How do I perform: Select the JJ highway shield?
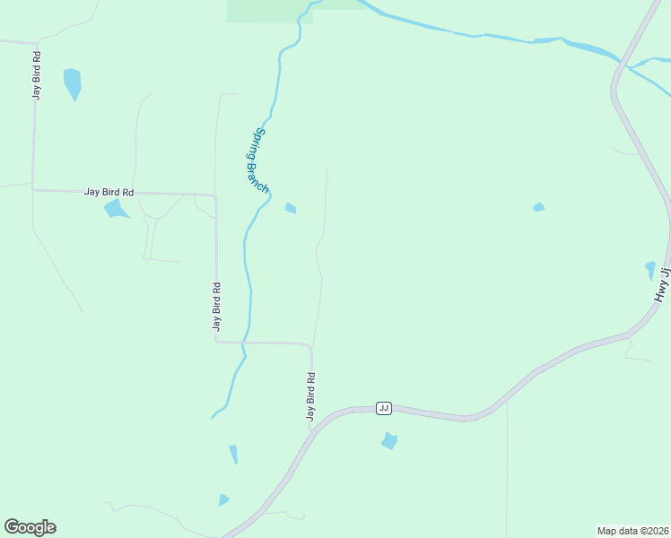click(384, 408)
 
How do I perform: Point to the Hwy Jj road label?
click(663, 283)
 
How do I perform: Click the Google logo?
click(30, 527)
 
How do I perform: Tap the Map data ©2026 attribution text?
click(632, 530)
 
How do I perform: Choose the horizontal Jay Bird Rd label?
click(109, 192)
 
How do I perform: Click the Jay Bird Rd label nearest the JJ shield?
click(310, 396)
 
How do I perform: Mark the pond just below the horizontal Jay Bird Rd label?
click(115, 209)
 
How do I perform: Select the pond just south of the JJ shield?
click(389, 441)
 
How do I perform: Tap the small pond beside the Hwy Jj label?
click(650, 269)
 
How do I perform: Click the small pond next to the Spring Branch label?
click(291, 209)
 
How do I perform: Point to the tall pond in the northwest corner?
click(73, 83)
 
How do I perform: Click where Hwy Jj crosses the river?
click(621, 65)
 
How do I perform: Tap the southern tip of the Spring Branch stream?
click(213, 417)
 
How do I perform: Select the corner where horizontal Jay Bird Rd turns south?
click(215, 195)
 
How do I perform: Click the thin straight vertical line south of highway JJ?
click(507, 466)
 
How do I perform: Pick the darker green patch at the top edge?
click(261, 10)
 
